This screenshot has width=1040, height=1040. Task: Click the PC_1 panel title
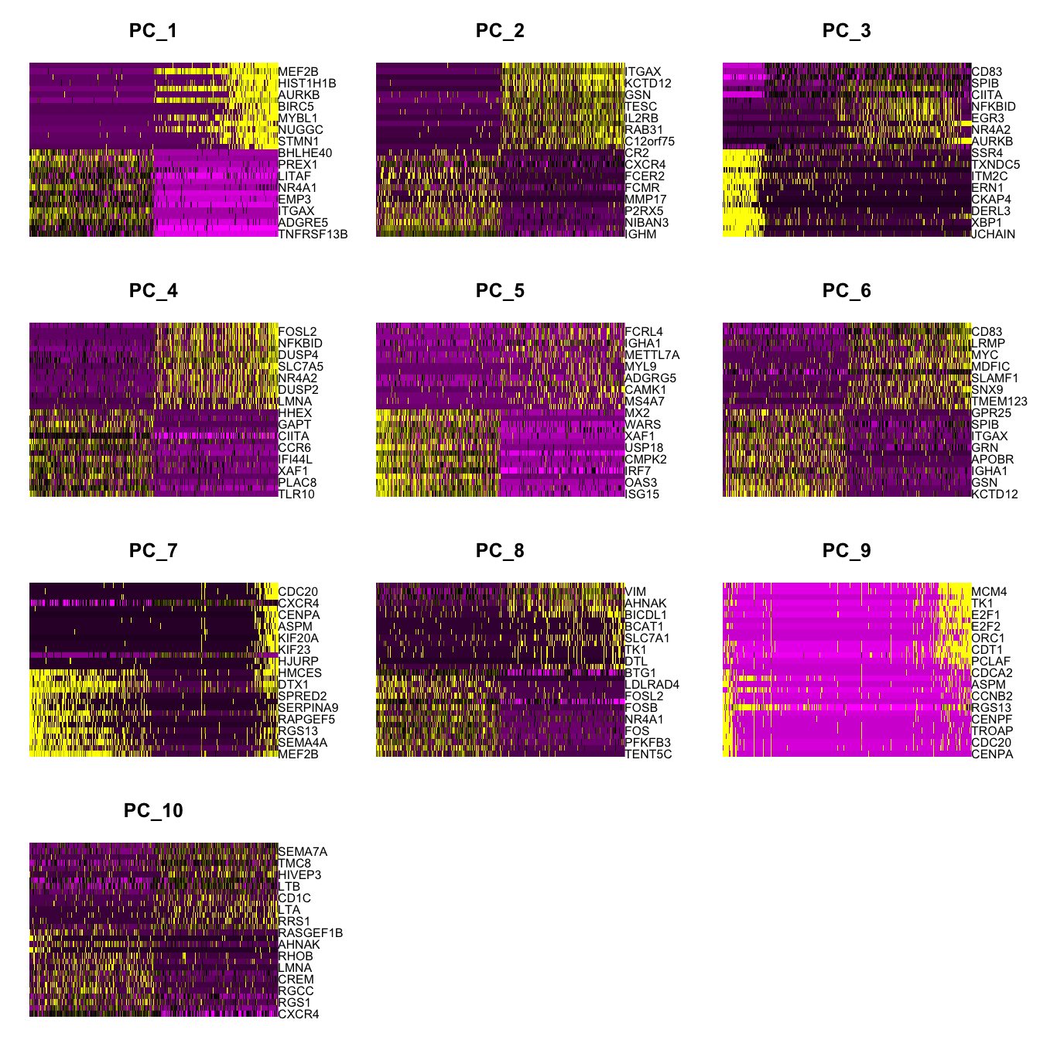pyautogui.click(x=153, y=31)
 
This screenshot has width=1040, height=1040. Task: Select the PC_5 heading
pyautogui.click(x=500, y=291)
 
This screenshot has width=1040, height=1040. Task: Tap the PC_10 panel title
pyautogui.click(x=153, y=811)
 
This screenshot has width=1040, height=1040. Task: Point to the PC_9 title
pyautogui.click(x=847, y=551)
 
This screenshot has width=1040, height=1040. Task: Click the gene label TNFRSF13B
pyautogui.click(x=313, y=234)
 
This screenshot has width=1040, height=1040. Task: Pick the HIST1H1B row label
pyautogui.click(x=307, y=84)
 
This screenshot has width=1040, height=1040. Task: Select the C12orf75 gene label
pyautogui.click(x=650, y=142)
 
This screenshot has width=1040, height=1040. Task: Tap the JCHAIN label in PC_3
pyautogui.click(x=993, y=234)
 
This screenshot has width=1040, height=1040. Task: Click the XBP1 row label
pyautogui.click(x=987, y=223)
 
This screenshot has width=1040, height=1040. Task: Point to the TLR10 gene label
pyautogui.click(x=296, y=494)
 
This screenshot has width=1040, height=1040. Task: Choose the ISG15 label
pyautogui.click(x=642, y=494)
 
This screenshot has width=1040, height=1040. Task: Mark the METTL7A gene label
pyautogui.click(x=652, y=355)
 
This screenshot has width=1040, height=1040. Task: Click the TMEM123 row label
pyautogui.click(x=999, y=402)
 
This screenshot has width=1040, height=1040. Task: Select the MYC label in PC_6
pyautogui.click(x=985, y=355)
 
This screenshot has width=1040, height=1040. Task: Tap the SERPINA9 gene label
pyautogui.click(x=308, y=708)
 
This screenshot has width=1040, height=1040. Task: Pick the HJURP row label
pyautogui.click(x=298, y=662)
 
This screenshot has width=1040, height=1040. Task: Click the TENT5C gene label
pyautogui.click(x=648, y=754)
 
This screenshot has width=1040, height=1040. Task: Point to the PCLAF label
pyautogui.click(x=990, y=662)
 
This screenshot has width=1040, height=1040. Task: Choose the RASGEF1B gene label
pyautogui.click(x=310, y=933)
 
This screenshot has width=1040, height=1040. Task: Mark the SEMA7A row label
pyautogui.click(x=303, y=852)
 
